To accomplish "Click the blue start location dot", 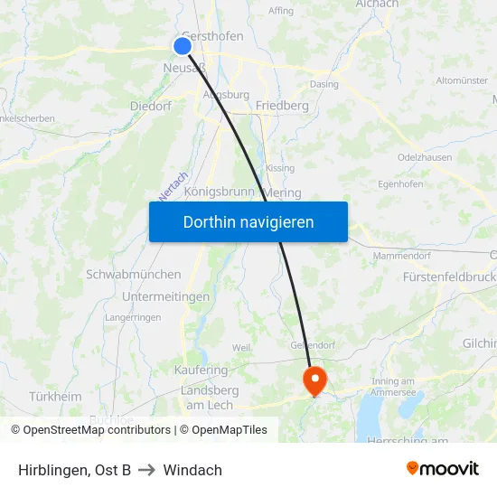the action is [x=183, y=46].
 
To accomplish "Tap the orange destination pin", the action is [x=314, y=378].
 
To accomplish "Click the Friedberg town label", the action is [x=282, y=106].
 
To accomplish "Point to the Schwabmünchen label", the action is [x=133, y=274].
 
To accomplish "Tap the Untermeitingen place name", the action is [x=165, y=296].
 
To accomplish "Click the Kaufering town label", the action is [x=201, y=370].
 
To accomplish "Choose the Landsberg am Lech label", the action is [x=210, y=398].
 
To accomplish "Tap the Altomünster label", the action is [x=462, y=80].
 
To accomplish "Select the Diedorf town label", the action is [x=151, y=105].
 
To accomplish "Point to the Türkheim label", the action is [x=55, y=397].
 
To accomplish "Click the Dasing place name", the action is [x=324, y=85].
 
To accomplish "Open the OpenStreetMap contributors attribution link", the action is [x=96, y=430].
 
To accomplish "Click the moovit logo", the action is [x=442, y=468].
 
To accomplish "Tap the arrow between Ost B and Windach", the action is [x=146, y=470].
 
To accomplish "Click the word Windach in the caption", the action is [x=192, y=470].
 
